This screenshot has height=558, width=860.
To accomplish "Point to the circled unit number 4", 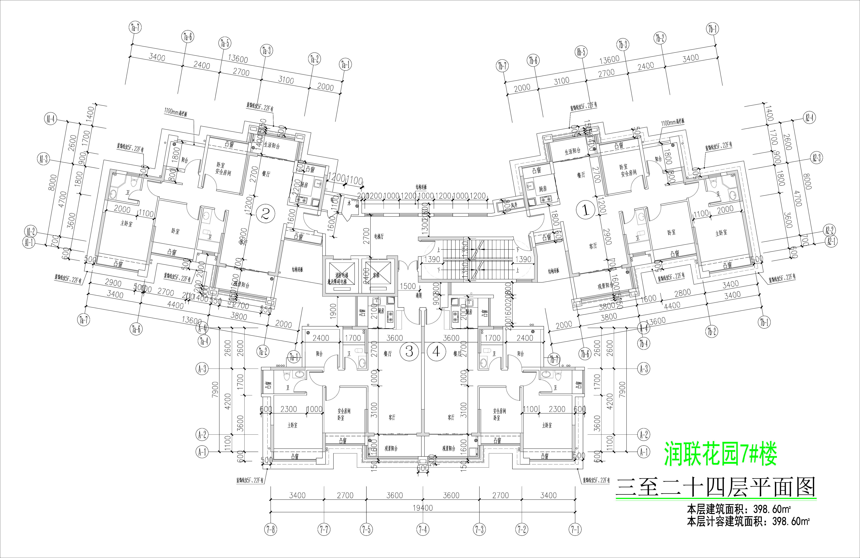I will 437,351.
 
